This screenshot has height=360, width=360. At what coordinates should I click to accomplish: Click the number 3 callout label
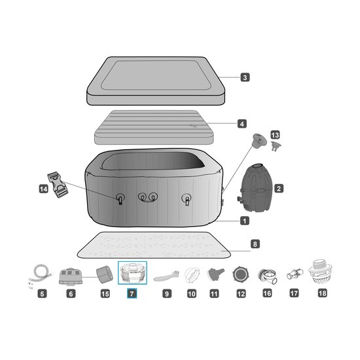245,77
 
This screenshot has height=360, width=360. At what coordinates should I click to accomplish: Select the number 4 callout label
242,123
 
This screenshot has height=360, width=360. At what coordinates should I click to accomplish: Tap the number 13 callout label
275,134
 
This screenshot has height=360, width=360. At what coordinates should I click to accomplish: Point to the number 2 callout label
279,189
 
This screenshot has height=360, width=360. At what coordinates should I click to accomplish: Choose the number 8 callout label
255,244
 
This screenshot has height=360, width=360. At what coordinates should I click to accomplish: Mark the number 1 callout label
245,221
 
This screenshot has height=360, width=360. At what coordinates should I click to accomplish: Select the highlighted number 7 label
132,295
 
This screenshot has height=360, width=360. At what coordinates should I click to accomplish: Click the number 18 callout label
321,295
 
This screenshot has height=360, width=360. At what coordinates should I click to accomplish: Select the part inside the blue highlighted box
132,272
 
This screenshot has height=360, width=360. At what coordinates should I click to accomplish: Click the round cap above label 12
241,274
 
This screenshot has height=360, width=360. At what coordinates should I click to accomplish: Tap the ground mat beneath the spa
154,245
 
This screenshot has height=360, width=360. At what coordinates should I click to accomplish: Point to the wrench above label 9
166,275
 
